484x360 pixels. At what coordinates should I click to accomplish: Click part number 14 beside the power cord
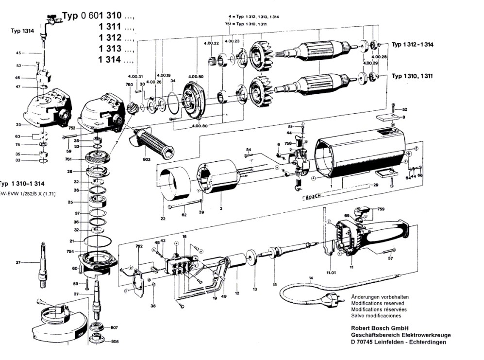pos(311,278)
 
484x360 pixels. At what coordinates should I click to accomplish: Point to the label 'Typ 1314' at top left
pos(22,31)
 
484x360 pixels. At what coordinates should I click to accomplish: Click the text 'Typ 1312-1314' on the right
pos(413,45)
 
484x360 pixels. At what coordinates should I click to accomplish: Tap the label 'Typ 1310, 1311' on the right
pos(413,76)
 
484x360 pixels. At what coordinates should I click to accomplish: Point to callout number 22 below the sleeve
pos(163,220)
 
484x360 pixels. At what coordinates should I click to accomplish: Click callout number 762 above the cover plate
pos(139,246)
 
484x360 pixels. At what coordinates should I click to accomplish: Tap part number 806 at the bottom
pos(115,341)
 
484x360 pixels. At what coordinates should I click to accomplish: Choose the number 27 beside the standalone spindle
pos(18,263)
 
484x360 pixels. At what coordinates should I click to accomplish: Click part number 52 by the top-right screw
pos(404,109)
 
